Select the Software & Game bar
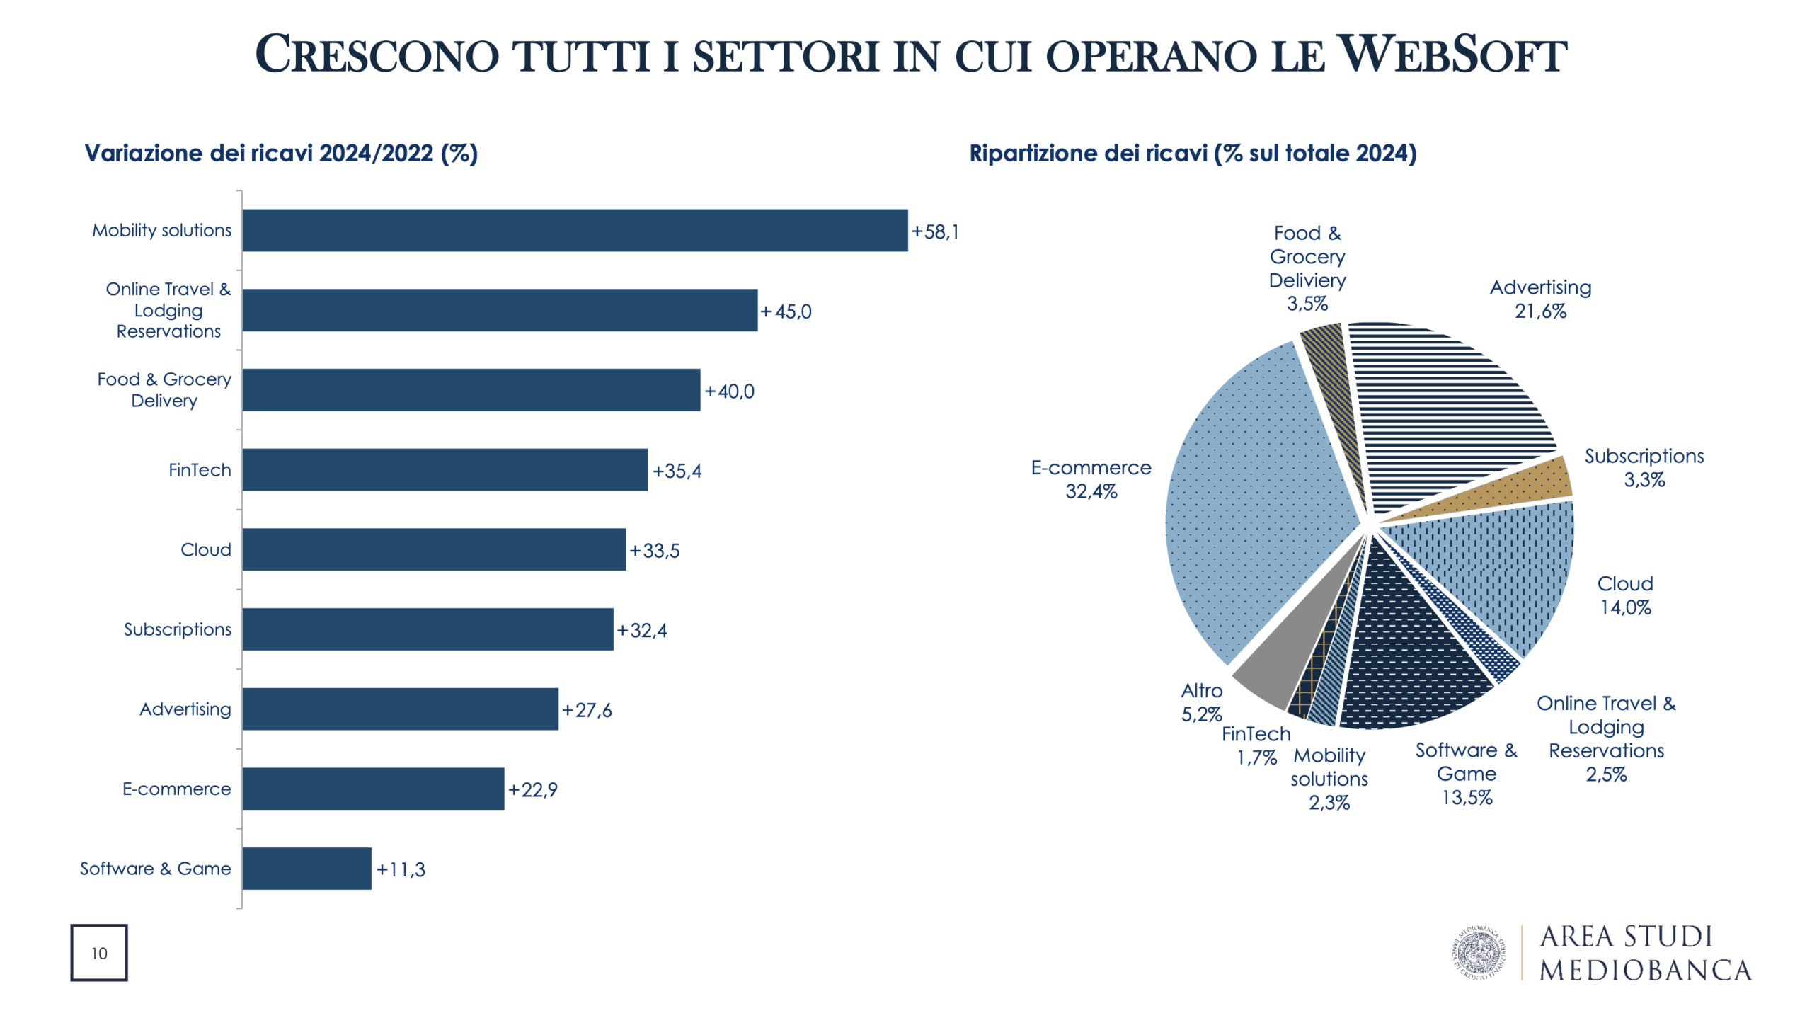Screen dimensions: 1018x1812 (x=306, y=868)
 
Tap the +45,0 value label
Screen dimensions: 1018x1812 (x=786, y=311)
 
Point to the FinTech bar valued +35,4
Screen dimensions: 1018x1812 (x=445, y=469)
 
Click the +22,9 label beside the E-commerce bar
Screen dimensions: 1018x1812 (x=533, y=789)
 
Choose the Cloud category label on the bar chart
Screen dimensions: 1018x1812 (x=205, y=550)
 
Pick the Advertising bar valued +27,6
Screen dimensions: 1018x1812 (x=400, y=709)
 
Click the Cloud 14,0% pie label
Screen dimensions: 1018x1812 (x=1625, y=595)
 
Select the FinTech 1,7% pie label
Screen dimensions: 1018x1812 (x=1256, y=745)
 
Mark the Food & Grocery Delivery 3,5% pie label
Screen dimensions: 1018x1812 (x=1307, y=268)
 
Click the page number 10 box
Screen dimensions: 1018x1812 (x=99, y=953)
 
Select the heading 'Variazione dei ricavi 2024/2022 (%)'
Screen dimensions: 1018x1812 (x=281, y=154)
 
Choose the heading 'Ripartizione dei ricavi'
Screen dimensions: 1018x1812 (x=1193, y=154)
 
